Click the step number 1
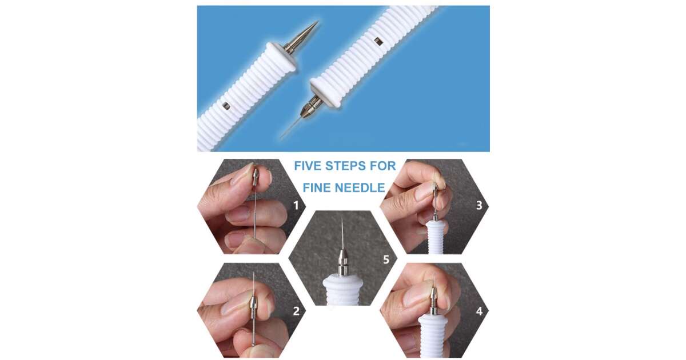coord(296,205)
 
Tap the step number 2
coord(296,311)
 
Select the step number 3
coord(479,205)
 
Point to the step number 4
coord(479,311)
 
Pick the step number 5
coord(386,259)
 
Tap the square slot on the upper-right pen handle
coord(378,41)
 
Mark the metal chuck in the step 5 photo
coord(342,262)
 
